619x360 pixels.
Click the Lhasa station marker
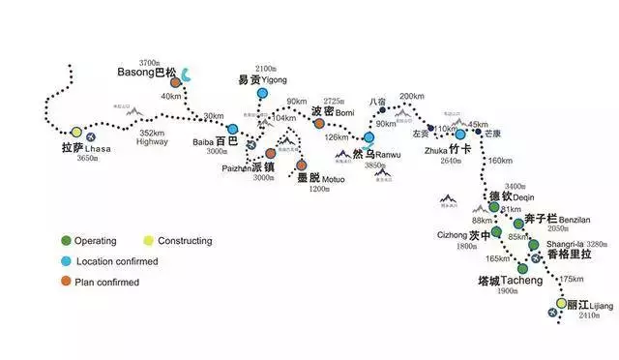coord(76,133)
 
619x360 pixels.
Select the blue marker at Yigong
coord(262,92)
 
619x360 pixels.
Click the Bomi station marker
coord(318,123)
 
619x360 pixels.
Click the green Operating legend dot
coord(65,241)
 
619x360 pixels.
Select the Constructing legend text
coord(187,241)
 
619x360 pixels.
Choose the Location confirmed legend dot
coord(65,261)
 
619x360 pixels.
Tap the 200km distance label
coord(411,96)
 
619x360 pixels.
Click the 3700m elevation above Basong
coord(155,60)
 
